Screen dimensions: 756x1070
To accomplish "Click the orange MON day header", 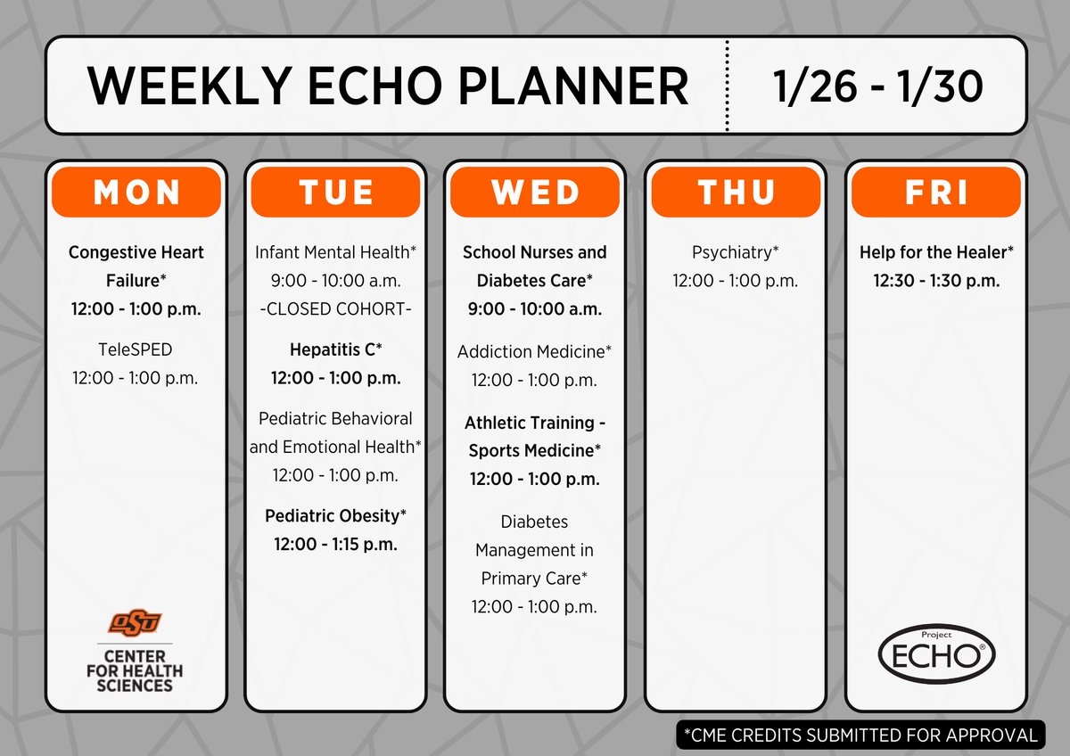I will click(136, 192).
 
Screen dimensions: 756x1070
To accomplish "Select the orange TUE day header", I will click(335, 192).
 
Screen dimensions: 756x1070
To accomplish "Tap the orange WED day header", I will click(534, 192).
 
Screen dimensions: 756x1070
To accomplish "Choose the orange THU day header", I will click(735, 192).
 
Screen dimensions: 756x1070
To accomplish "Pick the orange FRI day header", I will click(935, 192).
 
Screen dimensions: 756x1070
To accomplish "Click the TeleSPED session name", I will click(136, 349).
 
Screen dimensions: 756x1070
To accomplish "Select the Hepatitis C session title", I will click(335, 349).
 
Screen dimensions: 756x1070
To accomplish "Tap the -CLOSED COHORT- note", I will click(335, 308).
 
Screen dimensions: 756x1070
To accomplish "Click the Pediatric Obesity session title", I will click(335, 515).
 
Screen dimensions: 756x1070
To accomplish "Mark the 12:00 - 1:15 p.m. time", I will click(335, 544).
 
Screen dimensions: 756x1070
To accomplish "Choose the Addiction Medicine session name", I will click(534, 352).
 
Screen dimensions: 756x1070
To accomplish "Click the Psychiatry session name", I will click(735, 252).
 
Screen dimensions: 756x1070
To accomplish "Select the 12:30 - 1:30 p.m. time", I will click(935, 281).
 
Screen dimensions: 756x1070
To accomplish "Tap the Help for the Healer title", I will click(935, 252).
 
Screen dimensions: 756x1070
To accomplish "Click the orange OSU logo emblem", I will click(136, 621).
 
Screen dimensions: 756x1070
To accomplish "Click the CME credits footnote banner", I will click(860, 735).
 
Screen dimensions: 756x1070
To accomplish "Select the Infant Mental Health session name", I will click(335, 252).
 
